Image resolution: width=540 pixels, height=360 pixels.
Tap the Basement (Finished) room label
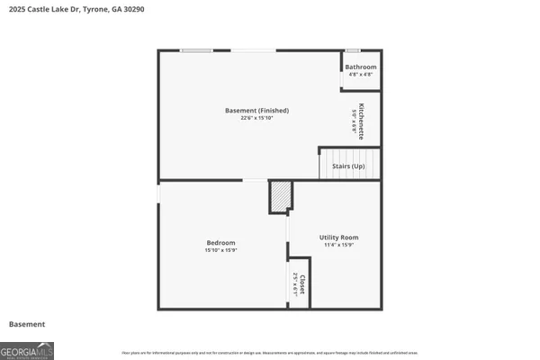point(256,111)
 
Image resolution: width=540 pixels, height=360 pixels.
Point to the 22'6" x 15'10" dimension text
point(256,119)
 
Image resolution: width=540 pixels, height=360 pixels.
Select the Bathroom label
point(361,67)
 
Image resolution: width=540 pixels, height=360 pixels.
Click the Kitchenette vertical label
point(361,120)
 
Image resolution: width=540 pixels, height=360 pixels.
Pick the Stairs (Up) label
point(347,166)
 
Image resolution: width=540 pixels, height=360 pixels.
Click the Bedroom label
point(221,242)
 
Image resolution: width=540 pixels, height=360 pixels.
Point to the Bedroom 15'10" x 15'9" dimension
point(221,250)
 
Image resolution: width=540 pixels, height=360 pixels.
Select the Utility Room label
point(338,237)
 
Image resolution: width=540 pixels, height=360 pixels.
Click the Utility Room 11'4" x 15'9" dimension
point(338,245)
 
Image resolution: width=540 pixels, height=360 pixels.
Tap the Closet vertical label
point(302,285)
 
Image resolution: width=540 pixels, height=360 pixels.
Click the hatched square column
point(281,195)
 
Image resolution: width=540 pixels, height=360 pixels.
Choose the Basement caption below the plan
point(27,324)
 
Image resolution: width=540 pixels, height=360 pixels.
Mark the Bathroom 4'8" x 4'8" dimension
point(361,75)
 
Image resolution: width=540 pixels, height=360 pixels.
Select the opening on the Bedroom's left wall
point(159,193)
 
